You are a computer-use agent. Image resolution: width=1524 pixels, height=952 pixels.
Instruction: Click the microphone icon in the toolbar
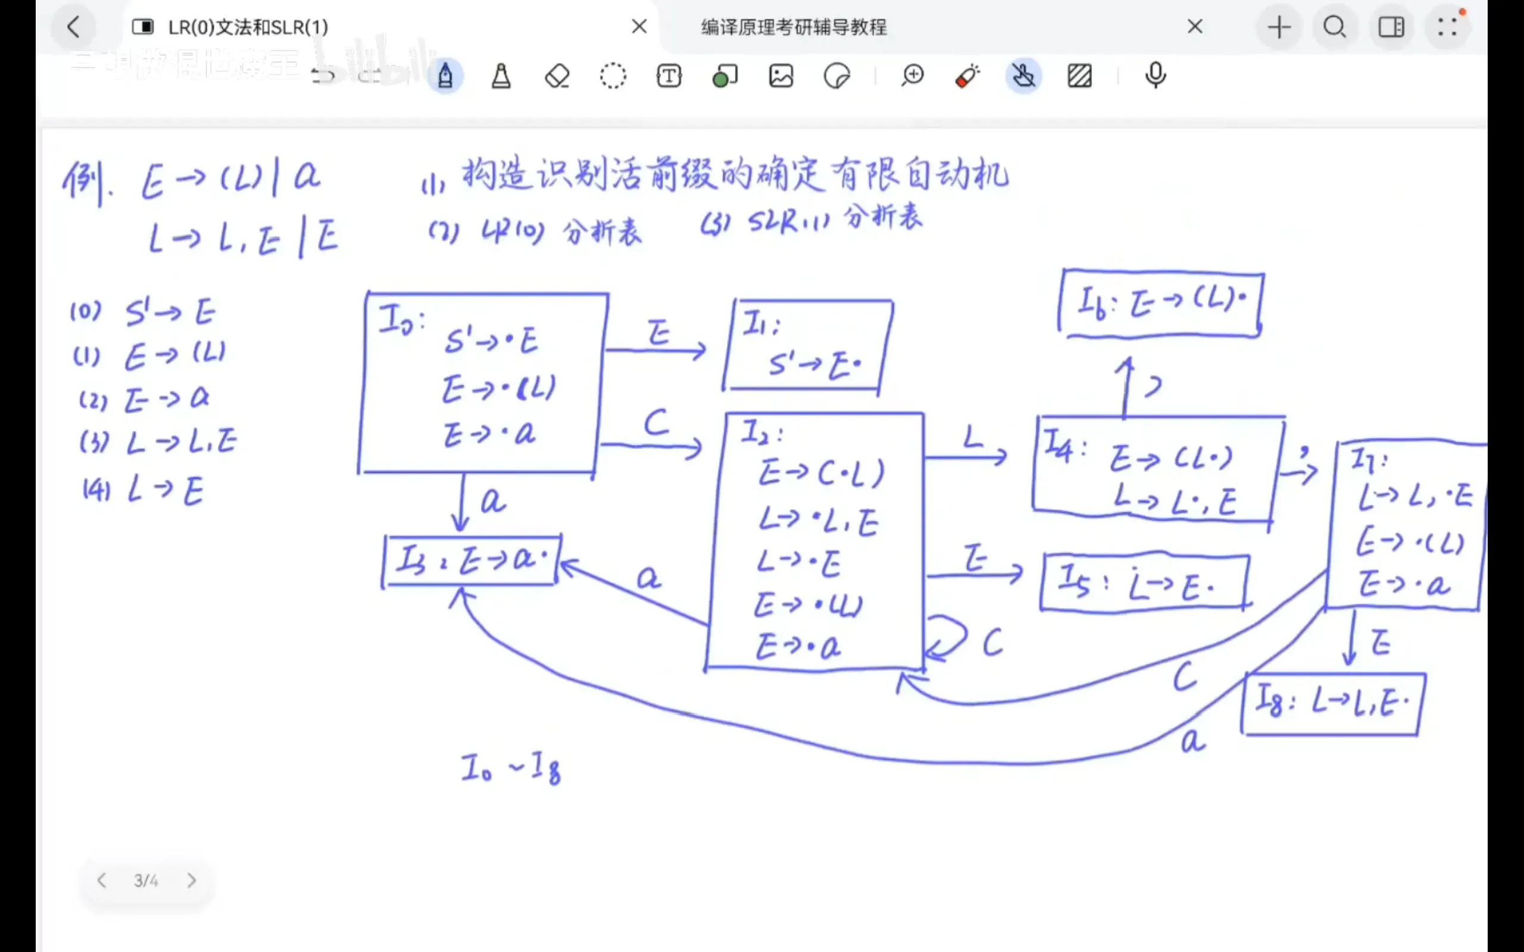point(1155,76)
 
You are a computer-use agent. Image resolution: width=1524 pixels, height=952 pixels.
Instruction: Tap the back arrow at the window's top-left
point(74,27)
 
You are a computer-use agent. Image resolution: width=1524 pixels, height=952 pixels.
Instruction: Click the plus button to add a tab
point(1278,27)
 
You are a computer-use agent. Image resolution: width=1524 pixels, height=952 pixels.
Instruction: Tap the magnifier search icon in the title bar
point(1335,27)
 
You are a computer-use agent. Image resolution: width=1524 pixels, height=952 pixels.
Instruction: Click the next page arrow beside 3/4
point(192,880)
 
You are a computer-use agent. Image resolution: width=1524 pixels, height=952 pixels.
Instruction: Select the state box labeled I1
point(808,346)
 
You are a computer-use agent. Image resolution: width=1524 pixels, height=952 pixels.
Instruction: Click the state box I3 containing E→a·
point(471,560)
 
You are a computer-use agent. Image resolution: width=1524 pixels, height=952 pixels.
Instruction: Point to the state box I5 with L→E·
point(1144,583)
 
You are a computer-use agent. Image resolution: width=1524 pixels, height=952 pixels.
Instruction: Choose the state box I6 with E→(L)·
point(1161,303)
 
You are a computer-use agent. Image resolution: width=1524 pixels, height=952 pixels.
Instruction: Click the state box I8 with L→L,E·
point(1332,703)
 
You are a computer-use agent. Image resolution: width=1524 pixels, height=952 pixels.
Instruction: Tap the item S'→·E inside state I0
point(492,342)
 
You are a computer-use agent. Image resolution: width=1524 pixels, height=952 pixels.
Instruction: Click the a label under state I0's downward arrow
point(493,502)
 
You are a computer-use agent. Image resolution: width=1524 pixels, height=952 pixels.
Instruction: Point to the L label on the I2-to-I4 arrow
point(973,436)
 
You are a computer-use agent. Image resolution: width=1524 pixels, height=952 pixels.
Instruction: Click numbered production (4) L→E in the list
point(144,490)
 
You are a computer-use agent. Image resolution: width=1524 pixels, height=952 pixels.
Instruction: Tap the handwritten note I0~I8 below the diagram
point(511,768)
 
